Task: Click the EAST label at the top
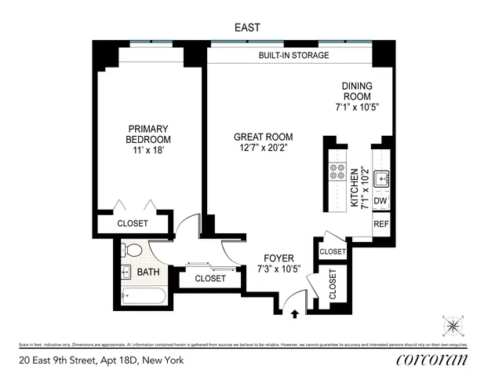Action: click(x=247, y=27)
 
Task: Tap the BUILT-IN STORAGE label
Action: click(x=293, y=56)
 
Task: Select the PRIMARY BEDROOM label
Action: click(x=149, y=134)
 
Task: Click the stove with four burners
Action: click(x=339, y=173)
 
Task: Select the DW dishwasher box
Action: click(x=381, y=202)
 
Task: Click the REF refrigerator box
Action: click(x=381, y=224)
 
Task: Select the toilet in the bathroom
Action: click(x=134, y=251)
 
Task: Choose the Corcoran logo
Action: click(x=432, y=360)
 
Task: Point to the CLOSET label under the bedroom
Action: click(x=132, y=224)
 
